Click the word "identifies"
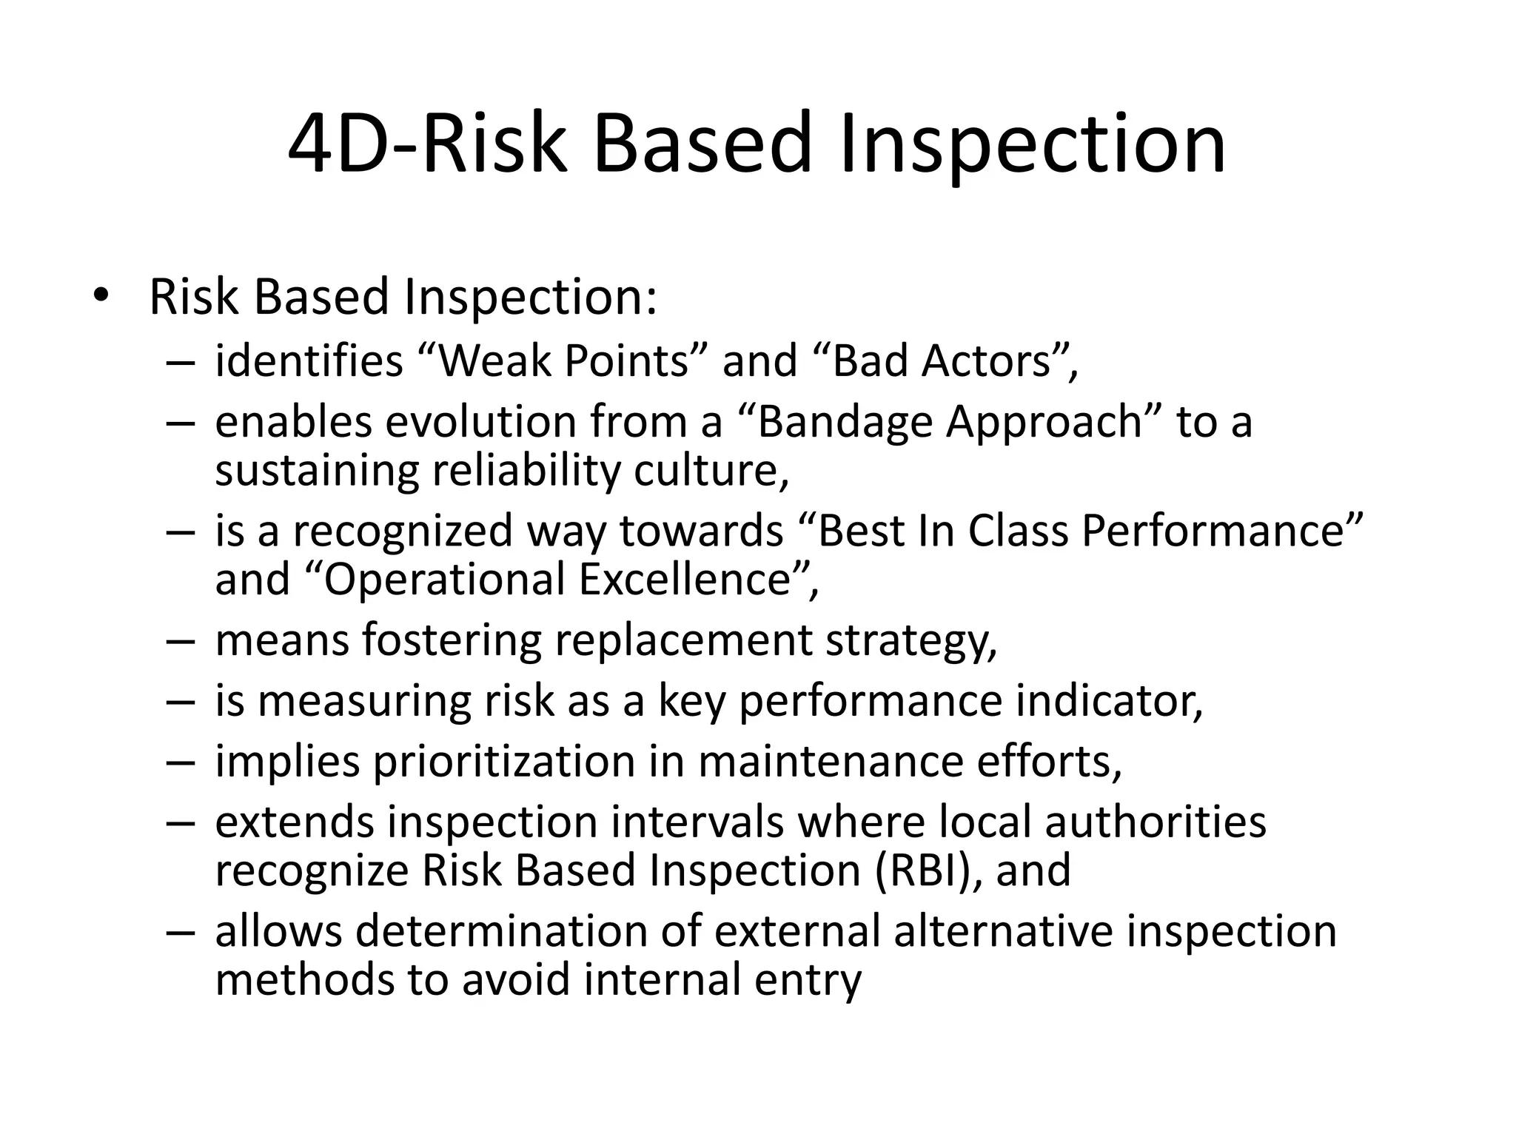tap(309, 361)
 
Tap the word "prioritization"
tap(504, 762)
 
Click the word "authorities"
tap(1155, 822)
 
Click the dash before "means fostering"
tap(180, 641)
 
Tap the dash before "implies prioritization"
tap(180, 762)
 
